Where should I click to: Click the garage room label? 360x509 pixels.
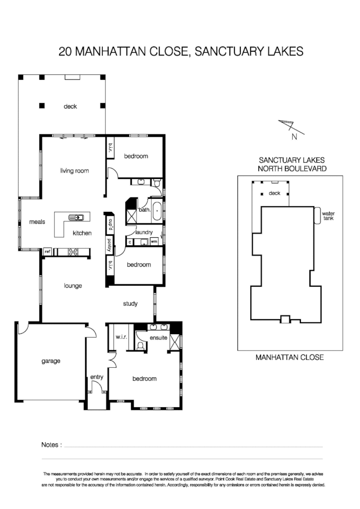click(50, 361)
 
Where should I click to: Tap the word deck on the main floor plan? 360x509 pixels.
click(70, 107)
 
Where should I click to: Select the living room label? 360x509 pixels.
click(74, 170)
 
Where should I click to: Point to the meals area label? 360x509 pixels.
click(37, 222)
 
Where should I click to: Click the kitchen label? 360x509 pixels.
click(82, 233)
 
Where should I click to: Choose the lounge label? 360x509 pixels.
click(73, 286)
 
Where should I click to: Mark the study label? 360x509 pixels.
click(130, 303)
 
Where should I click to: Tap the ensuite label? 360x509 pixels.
click(159, 338)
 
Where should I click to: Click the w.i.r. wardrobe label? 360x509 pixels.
click(121, 338)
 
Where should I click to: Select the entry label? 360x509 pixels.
click(97, 377)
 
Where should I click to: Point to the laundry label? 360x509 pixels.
click(144, 232)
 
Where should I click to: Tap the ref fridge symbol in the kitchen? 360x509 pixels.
click(48, 251)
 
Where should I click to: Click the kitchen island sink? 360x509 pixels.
click(76, 218)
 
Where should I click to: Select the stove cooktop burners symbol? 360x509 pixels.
click(74, 251)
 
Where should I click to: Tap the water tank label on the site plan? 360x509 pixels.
click(328, 216)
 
